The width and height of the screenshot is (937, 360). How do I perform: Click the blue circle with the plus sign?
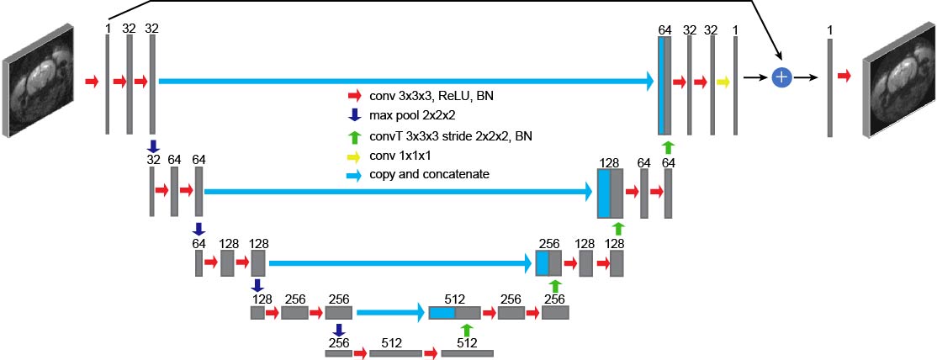(x=782, y=77)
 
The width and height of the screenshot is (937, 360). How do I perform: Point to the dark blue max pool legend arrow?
(x=354, y=115)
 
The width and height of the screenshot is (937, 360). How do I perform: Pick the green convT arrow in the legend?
(x=354, y=135)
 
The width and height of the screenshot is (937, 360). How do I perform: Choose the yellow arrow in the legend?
(x=354, y=155)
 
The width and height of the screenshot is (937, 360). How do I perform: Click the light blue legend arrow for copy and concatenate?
(x=354, y=174)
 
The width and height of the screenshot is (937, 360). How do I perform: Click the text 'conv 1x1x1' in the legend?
(x=399, y=155)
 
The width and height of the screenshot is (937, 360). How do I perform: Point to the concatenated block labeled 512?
(x=454, y=313)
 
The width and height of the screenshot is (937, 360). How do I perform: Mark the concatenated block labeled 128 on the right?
(x=610, y=193)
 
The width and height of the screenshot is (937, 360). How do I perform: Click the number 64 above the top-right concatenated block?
(x=665, y=30)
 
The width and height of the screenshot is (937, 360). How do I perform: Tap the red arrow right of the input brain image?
(x=93, y=82)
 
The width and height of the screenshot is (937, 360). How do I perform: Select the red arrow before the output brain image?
(x=844, y=77)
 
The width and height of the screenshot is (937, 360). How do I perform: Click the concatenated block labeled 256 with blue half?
(x=548, y=263)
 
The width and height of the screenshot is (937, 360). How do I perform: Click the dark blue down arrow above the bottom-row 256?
(x=339, y=329)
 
